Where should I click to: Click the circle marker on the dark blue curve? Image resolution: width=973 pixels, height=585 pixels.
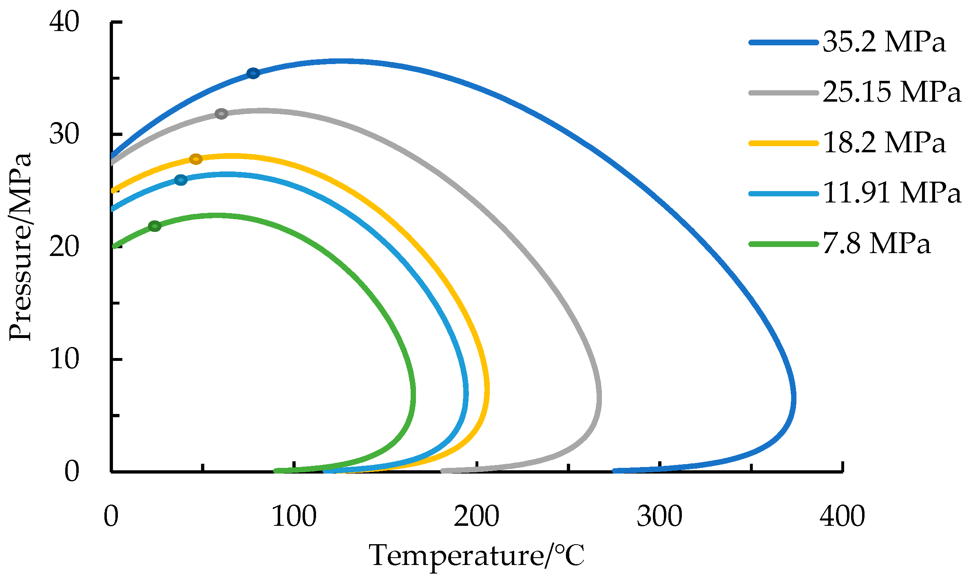coord(253,73)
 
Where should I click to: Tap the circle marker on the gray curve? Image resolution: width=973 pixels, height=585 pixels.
coord(221,113)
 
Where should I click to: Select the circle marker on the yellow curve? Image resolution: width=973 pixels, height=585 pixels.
coord(196,159)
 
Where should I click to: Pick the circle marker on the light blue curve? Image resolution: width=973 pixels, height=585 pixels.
coord(181,180)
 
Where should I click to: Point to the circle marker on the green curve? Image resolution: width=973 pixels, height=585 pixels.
coord(155,226)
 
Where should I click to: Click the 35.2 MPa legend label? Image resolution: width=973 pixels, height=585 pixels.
coord(884,42)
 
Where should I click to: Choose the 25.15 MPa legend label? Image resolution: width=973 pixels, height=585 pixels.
coord(891,92)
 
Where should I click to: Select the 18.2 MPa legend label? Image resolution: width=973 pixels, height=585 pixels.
coord(884,143)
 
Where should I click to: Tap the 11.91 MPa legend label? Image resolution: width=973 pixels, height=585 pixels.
coord(891,193)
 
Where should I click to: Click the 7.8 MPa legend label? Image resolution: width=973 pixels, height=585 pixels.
coord(876,244)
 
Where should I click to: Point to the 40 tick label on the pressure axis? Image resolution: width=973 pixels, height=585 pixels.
coord(64,22)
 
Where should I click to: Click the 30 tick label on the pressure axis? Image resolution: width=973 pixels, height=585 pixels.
coord(64,134)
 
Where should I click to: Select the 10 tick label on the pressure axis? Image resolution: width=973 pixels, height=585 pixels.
coord(64,359)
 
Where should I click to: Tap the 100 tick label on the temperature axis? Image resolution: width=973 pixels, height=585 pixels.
coord(294,516)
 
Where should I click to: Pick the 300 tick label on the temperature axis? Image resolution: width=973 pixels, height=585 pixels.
coord(659,516)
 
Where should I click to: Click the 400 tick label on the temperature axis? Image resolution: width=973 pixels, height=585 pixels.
coord(842,516)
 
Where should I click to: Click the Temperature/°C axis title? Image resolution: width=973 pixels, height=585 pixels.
coord(476,556)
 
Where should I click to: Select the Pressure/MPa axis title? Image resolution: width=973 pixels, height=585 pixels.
coord(20,247)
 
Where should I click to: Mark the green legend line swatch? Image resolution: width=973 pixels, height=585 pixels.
coord(784,244)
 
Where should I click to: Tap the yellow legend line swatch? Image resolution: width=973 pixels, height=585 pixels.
coord(784,143)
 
